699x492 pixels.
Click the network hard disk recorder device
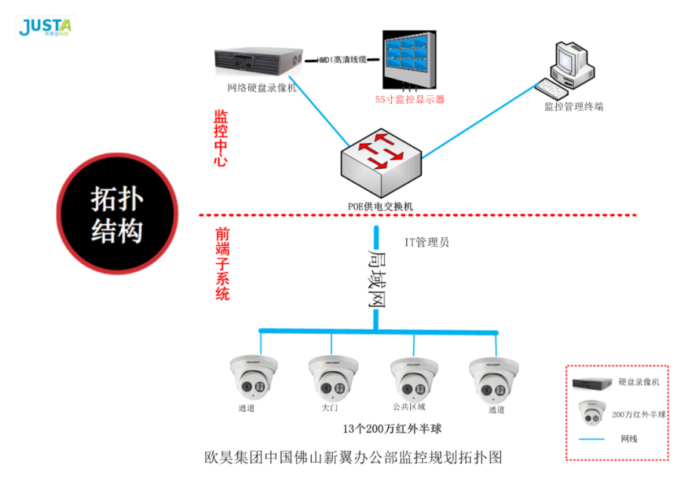tap(257, 60)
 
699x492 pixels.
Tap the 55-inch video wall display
tap(408, 60)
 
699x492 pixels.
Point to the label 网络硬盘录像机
tap(262, 88)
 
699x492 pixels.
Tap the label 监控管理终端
tap(573, 107)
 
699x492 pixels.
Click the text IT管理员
tap(427, 242)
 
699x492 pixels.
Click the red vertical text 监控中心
tap(221, 139)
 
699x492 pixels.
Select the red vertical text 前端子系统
tap(222, 264)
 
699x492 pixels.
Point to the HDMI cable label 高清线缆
tap(340, 59)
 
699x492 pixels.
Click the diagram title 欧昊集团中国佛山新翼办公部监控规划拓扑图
tap(353, 457)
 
